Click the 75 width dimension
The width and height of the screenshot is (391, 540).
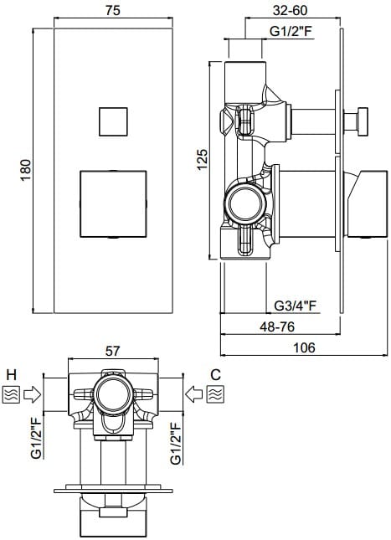113,10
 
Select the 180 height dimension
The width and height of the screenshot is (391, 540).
26,170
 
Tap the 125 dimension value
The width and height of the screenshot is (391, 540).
202,159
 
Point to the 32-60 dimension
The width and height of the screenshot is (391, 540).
290,10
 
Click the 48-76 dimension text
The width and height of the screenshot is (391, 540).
277,327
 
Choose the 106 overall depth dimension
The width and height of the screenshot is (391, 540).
304,347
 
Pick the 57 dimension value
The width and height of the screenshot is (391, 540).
113,351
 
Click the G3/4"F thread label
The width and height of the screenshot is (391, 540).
296,306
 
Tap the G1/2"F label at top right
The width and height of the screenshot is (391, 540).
291,31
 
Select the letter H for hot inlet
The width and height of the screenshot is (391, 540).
12,374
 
